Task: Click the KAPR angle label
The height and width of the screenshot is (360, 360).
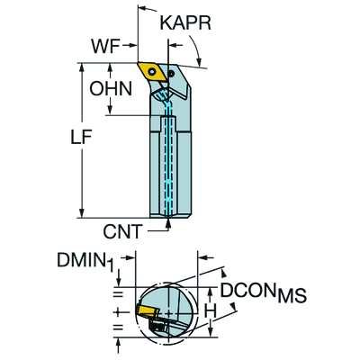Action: coord(185,23)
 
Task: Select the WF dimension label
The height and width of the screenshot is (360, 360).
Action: coord(105,46)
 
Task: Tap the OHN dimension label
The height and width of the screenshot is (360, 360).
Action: coord(111,89)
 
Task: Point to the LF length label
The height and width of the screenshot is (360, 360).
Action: coord(81,137)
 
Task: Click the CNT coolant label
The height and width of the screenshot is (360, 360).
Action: coord(122,231)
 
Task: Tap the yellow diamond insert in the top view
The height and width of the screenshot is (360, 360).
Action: coord(152,72)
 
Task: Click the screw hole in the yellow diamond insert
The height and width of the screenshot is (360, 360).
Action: coord(153,72)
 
